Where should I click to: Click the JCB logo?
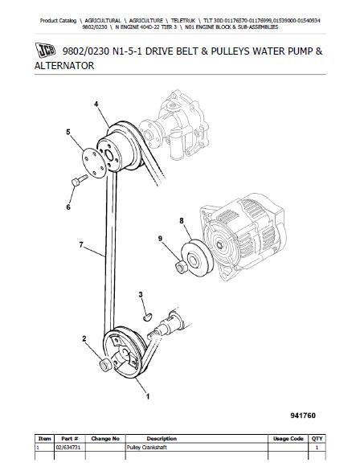[46, 50]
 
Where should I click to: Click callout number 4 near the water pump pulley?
[96, 104]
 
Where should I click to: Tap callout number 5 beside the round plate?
[68, 132]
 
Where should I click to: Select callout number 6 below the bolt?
[68, 207]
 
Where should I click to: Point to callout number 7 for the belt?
[81, 244]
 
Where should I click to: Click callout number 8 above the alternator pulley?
[182, 220]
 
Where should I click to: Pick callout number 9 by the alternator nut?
[160, 239]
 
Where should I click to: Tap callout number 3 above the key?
[141, 294]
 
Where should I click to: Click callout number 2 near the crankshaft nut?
[84, 338]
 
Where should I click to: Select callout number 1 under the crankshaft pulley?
[148, 396]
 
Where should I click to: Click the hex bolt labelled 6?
[80, 180]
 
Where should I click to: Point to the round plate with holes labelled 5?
[94, 163]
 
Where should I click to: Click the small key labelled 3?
[147, 317]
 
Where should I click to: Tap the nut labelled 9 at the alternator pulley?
[182, 268]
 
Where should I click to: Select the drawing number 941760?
[303, 416]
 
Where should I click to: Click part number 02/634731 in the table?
[68, 448]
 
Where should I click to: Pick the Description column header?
[162, 439]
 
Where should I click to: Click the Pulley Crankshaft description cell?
[147, 448]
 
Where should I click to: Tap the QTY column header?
[317, 439]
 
